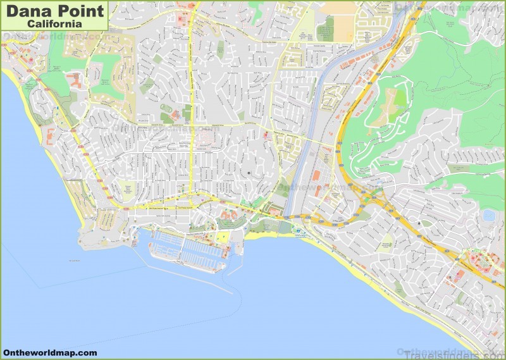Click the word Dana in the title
point(28,11)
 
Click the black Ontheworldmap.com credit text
point(49,352)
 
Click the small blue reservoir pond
point(489,216)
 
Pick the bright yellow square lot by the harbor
point(222,237)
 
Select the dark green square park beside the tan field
point(325,28)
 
